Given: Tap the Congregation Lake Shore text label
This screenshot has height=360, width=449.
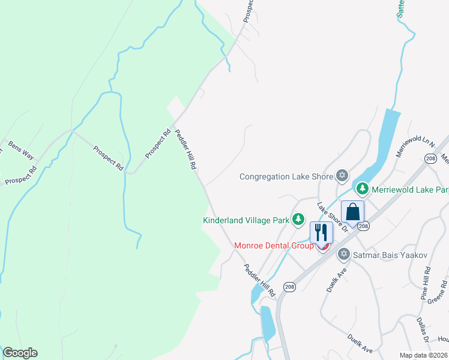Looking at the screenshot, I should click(x=286, y=176).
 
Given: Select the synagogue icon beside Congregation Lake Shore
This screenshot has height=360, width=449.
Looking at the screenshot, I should click(x=342, y=176).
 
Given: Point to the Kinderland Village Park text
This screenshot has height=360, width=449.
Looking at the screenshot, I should click(x=246, y=220).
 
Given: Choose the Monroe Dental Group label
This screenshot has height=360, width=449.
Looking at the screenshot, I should click(x=274, y=245).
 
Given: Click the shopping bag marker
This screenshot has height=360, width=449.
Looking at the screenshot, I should click(x=352, y=212).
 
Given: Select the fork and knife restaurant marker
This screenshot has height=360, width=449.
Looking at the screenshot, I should click(x=321, y=232).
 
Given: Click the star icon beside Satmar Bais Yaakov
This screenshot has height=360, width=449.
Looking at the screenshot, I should click(x=343, y=254).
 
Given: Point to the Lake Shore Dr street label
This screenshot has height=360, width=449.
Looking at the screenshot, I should click(x=333, y=218).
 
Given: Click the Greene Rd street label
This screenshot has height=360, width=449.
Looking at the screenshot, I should click(x=441, y=294).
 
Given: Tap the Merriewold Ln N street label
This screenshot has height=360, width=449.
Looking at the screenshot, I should click(x=415, y=146).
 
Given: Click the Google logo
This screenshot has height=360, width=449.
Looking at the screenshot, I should click(x=20, y=353).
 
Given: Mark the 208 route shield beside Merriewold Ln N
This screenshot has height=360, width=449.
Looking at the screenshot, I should click(x=430, y=158).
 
